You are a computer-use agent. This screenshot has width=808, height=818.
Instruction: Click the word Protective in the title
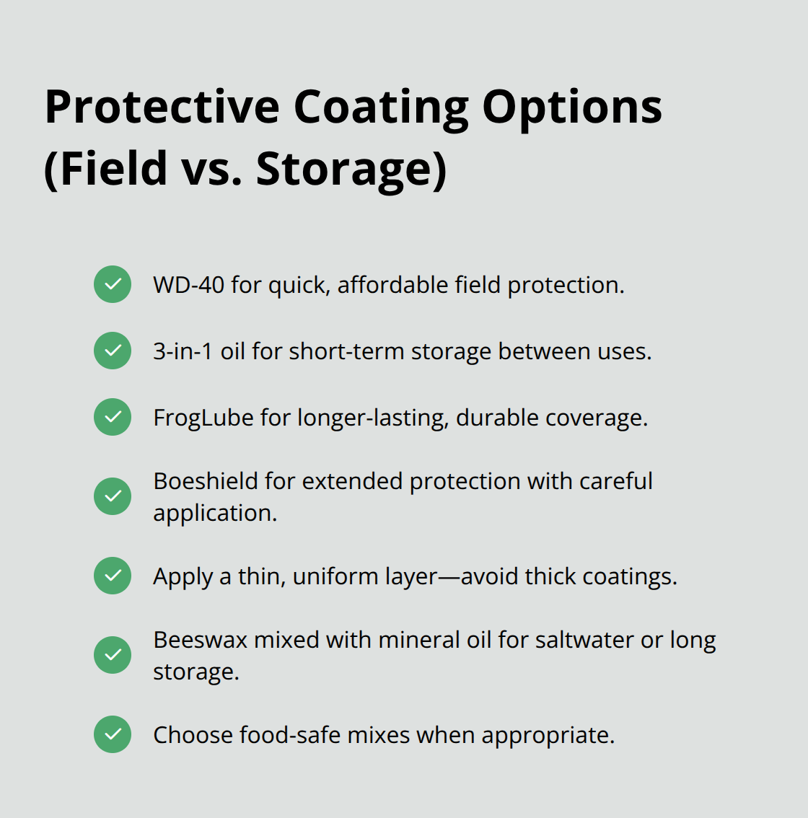tap(162, 107)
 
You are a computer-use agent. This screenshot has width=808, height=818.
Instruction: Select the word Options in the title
tap(571, 107)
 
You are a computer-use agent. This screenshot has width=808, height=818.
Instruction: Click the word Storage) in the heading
tap(351, 169)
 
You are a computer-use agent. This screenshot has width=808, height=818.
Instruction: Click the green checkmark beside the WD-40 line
tap(113, 284)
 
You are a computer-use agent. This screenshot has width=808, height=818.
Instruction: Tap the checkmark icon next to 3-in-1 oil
tap(113, 351)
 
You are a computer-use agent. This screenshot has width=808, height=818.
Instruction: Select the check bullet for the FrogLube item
tap(113, 417)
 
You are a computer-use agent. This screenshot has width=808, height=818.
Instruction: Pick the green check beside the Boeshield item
tap(113, 496)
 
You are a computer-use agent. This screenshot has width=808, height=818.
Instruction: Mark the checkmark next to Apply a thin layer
tap(113, 576)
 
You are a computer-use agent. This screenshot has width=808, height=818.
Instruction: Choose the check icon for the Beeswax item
tap(113, 655)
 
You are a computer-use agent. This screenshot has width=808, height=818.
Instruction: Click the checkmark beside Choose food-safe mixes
tap(113, 734)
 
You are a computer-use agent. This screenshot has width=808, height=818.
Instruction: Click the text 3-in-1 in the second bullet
tap(183, 351)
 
